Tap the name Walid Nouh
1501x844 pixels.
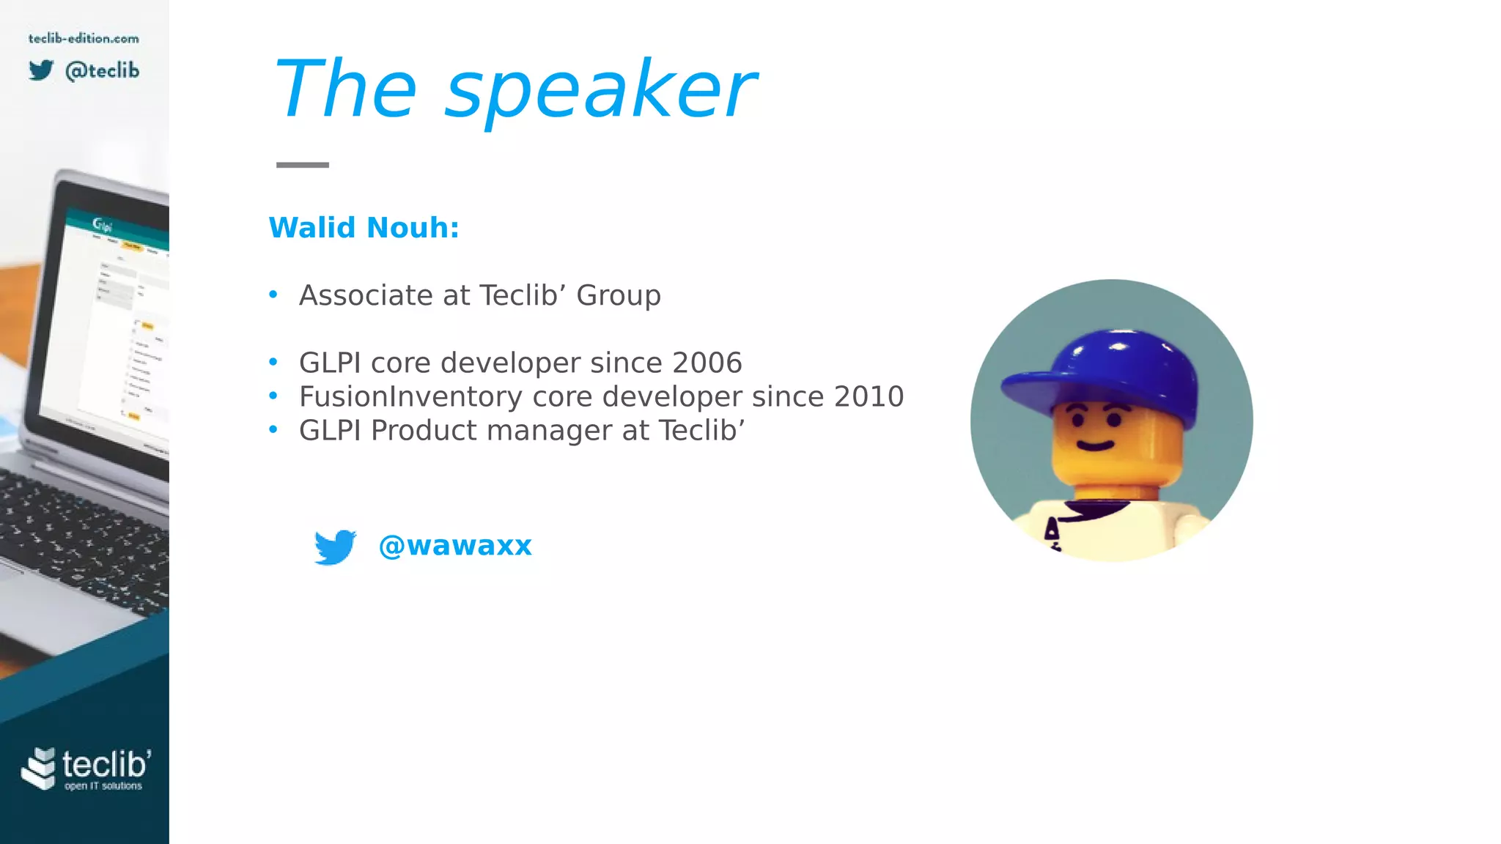(x=364, y=228)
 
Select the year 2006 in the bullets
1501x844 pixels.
(x=707, y=363)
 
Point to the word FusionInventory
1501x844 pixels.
(x=410, y=396)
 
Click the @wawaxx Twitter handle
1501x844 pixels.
(x=455, y=546)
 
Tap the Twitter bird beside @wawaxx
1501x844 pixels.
(x=335, y=547)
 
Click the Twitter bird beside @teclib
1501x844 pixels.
(x=42, y=70)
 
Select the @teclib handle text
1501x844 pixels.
(x=102, y=70)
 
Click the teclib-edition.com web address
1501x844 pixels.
(x=84, y=38)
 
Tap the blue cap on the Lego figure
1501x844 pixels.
(x=1107, y=374)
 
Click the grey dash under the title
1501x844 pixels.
(x=302, y=165)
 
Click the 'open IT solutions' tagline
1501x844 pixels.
(x=103, y=786)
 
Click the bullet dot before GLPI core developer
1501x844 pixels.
(x=273, y=362)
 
